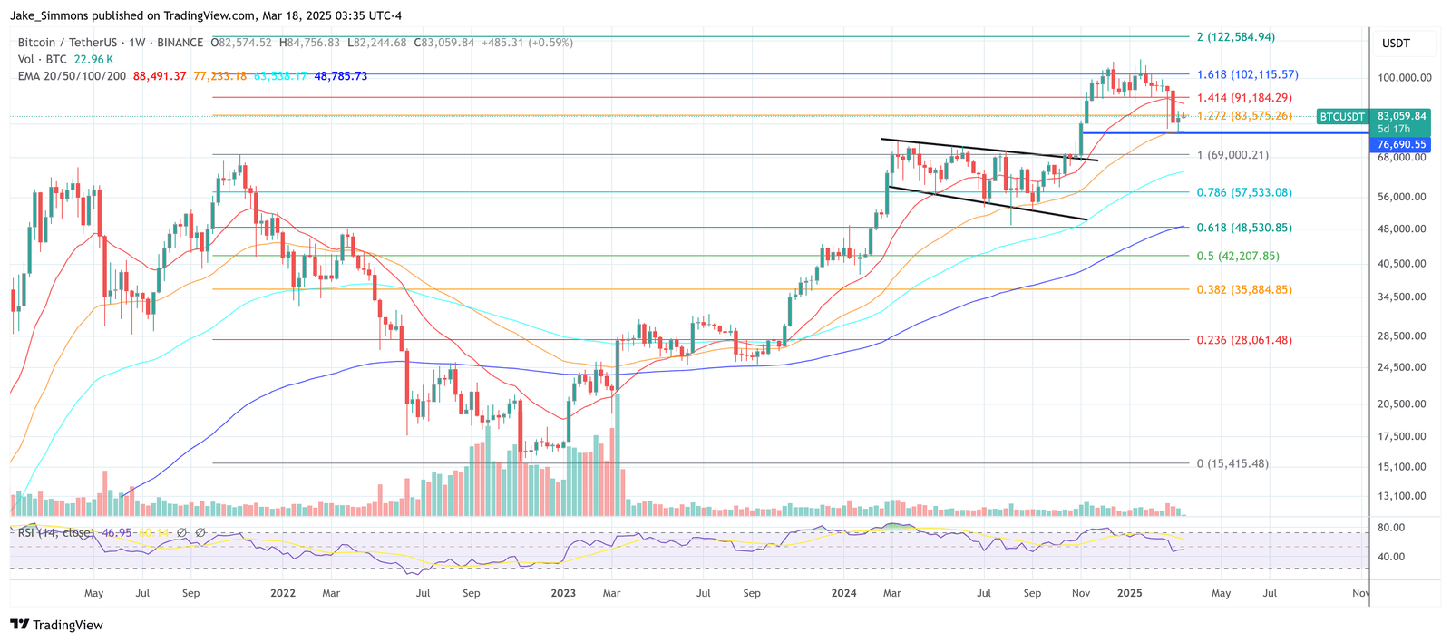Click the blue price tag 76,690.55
[1401, 144]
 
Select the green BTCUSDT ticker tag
[1342, 117]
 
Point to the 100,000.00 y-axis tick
[1405, 78]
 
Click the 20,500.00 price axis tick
[1401, 404]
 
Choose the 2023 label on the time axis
[563, 594]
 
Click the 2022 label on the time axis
[283, 594]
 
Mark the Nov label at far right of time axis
[1360, 594]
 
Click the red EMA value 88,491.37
[160, 76]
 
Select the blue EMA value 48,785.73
[341, 76]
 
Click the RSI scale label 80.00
[1391, 528]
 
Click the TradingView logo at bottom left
[56, 625]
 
